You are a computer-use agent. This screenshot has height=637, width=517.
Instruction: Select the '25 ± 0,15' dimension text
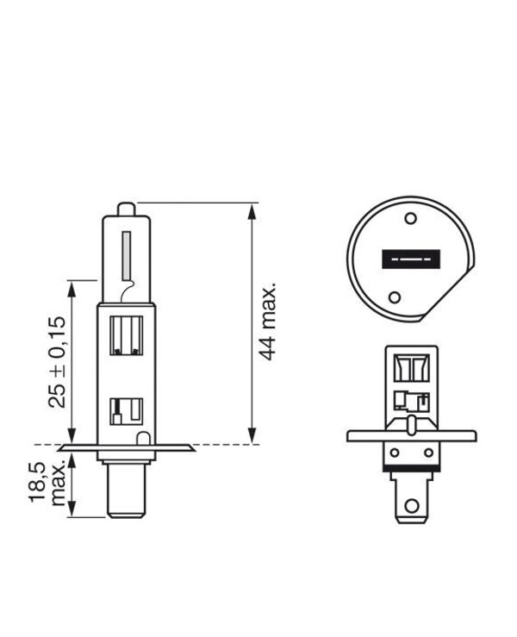click(56, 362)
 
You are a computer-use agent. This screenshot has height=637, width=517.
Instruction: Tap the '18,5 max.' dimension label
click(49, 483)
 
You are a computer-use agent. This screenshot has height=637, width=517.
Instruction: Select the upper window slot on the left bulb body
click(126, 337)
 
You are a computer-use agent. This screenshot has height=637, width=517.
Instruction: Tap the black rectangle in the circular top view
click(410, 259)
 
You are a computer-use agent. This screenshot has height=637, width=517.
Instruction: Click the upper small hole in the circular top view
click(411, 219)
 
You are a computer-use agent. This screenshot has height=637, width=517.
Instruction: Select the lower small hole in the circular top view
click(395, 298)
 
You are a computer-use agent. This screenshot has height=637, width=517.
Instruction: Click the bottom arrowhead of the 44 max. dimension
click(252, 439)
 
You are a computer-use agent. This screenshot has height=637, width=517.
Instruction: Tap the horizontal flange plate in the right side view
click(411, 435)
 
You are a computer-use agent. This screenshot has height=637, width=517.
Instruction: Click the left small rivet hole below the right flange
click(395, 451)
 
